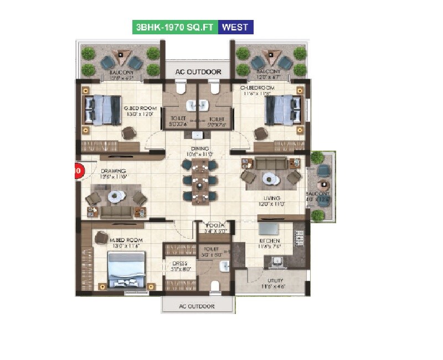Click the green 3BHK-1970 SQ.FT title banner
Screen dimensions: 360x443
click(174, 27)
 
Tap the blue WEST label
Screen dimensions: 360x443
click(235, 27)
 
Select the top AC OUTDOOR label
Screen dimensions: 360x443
click(198, 72)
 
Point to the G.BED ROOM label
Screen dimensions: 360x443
click(140, 108)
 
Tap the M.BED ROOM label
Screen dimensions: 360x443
click(126, 240)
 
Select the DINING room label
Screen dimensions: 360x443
click(200, 148)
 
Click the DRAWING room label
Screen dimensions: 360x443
click(114, 171)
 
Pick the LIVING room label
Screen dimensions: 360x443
click(272, 198)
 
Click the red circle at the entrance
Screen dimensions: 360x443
click(78, 171)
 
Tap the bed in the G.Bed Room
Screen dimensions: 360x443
click(103, 109)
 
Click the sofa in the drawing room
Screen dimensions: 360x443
click(116, 212)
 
